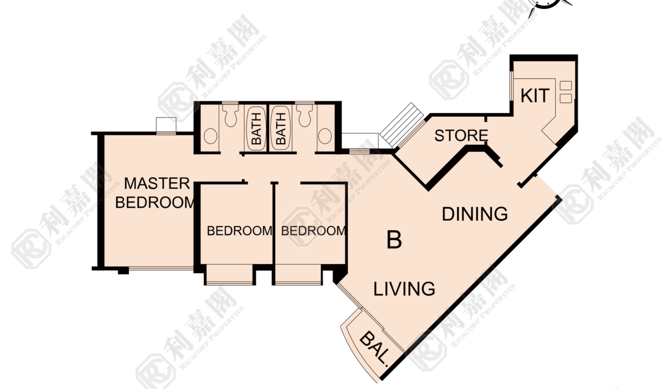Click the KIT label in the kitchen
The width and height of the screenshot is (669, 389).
pyautogui.click(x=535, y=96)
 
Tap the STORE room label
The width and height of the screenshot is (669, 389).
pyautogui.click(x=461, y=136)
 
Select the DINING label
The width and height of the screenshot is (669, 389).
pyautogui.click(x=475, y=214)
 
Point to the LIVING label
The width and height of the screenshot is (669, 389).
pyautogui.click(x=404, y=289)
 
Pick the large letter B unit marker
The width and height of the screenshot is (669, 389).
pyautogui.click(x=394, y=240)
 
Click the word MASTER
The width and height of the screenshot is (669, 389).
pyautogui.click(x=157, y=183)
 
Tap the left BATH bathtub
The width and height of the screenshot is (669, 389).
pyautogui.click(x=256, y=129)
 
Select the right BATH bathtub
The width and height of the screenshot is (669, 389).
pyautogui.click(x=281, y=129)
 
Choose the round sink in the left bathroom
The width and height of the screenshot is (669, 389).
pyautogui.click(x=210, y=136)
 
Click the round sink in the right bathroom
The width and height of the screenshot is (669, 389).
pyautogui.click(x=325, y=136)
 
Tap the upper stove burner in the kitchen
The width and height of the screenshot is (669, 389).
pyautogui.click(x=565, y=85)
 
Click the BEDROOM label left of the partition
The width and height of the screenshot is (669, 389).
pyautogui.click(x=240, y=231)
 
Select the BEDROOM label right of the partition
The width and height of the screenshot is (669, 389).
pyautogui.click(x=313, y=231)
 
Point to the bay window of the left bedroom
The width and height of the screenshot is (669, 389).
pyautogui.click(x=229, y=274)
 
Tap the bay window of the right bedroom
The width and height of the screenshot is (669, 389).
pyautogui.click(x=298, y=274)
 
